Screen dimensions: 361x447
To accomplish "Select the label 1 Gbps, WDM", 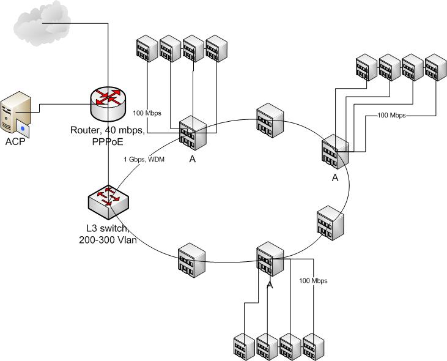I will coord(143,160).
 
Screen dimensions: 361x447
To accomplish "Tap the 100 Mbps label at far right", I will coord(391,115).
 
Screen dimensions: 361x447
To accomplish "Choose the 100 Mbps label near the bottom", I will coord(313,281).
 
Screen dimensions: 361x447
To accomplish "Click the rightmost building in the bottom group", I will coord(313,346).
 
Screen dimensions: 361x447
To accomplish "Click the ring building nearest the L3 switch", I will coord(188,261).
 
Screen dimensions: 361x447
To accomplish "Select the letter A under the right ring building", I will coord(334,178).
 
